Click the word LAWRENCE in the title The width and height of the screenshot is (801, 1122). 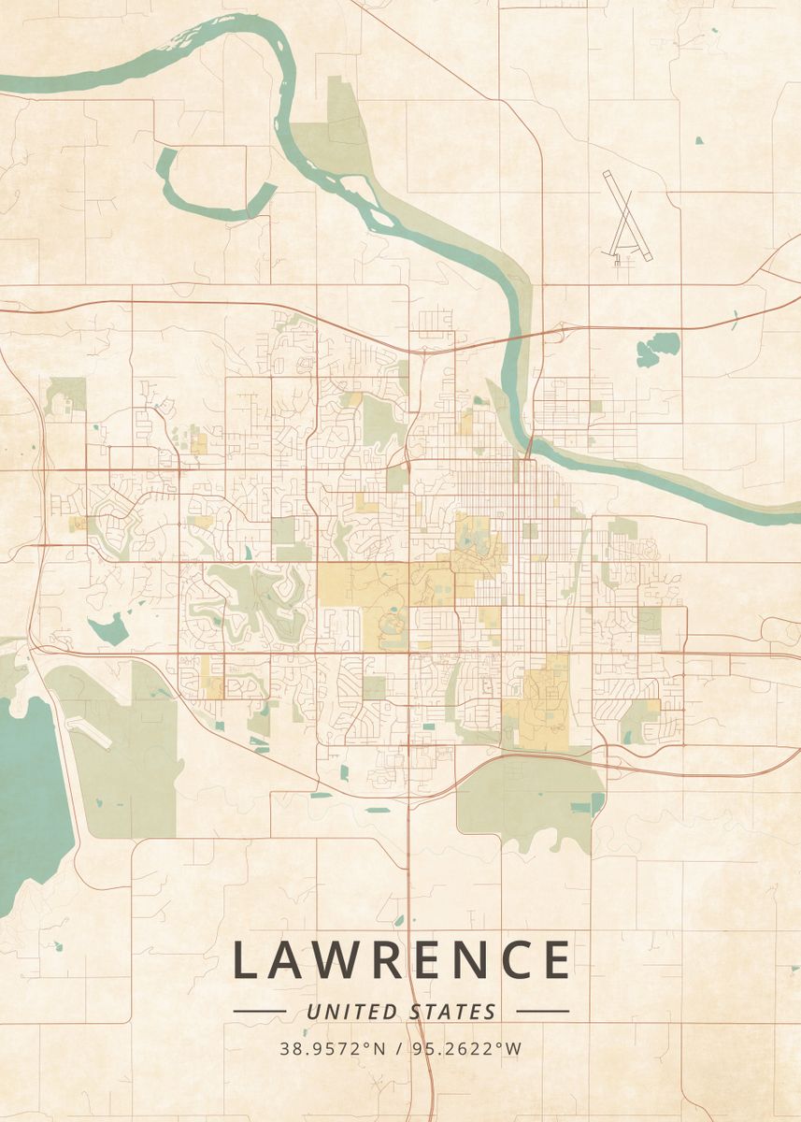point(401,959)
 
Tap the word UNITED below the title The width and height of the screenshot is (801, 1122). point(352,1012)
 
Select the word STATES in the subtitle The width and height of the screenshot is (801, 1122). point(452,1012)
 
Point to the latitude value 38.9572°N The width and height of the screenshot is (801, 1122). point(334,1048)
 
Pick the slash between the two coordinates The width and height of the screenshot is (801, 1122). point(399,1048)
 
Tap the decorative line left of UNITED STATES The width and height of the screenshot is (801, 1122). point(259,1012)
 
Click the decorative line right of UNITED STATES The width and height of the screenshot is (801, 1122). point(542,1012)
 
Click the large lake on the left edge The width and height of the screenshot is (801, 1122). point(28,795)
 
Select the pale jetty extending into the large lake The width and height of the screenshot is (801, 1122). point(90,734)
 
